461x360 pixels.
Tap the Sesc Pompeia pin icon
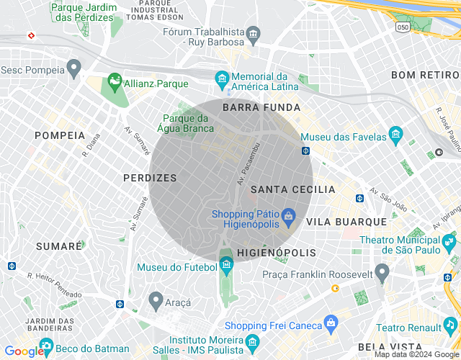click(x=73, y=68)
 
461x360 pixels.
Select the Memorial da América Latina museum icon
click(x=223, y=77)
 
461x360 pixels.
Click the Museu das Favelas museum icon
click(x=395, y=134)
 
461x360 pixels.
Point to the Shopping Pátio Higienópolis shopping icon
click(x=288, y=215)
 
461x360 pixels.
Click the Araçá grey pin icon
click(x=156, y=298)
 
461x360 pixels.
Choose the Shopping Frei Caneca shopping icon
click(x=331, y=322)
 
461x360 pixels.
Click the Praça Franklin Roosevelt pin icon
click(x=382, y=272)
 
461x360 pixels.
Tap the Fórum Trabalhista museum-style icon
click(x=253, y=34)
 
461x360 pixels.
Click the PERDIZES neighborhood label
click(x=150, y=177)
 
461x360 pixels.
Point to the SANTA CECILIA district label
click(x=293, y=189)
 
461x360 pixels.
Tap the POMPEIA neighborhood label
click(x=60, y=135)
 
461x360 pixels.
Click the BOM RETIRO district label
click(x=424, y=75)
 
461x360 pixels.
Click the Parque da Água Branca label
click(x=189, y=123)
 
